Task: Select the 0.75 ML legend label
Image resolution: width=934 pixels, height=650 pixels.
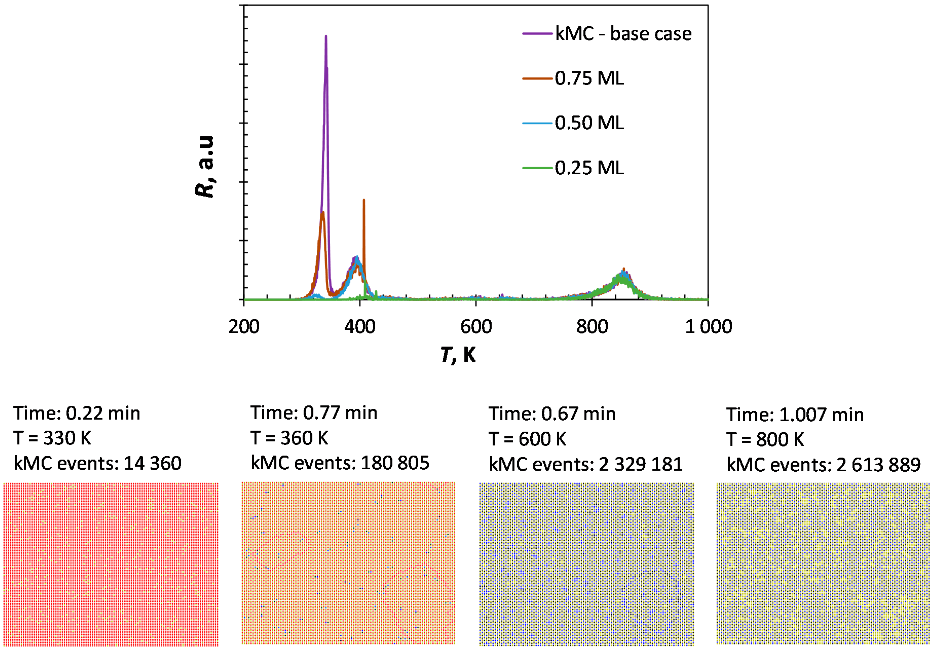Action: click(589, 78)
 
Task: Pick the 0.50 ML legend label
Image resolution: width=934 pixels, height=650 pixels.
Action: click(589, 123)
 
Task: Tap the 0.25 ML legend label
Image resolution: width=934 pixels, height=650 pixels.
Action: click(589, 168)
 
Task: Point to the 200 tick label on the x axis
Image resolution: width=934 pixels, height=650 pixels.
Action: click(244, 327)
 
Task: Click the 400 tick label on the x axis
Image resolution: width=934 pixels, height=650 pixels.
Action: click(360, 327)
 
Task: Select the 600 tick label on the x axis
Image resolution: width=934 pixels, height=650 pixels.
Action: click(476, 327)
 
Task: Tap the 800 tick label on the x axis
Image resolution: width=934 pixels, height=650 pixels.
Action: click(592, 327)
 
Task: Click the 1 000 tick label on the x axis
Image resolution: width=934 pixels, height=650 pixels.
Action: click(708, 327)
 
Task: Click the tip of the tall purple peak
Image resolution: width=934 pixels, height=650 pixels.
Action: click(326, 36)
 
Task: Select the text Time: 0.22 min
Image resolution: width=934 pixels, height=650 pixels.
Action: click(77, 413)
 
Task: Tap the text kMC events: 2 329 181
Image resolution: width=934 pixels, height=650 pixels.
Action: click(585, 464)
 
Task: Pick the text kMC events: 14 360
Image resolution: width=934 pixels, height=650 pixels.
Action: click(98, 463)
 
